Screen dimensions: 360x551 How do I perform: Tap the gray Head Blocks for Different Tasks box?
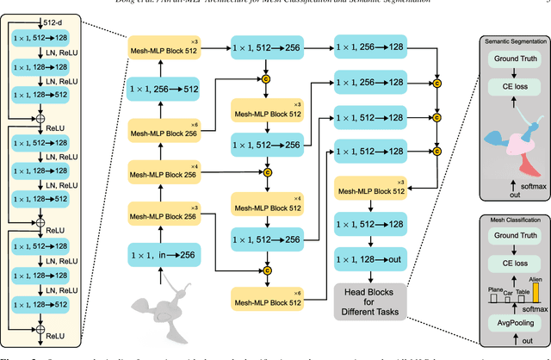(371, 297)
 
